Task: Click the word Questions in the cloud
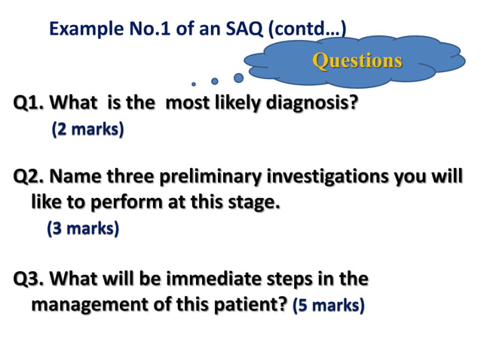357,60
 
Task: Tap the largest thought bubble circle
238,77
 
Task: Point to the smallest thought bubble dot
194,84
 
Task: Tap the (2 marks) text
87,130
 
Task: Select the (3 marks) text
83,227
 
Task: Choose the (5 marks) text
329,306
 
